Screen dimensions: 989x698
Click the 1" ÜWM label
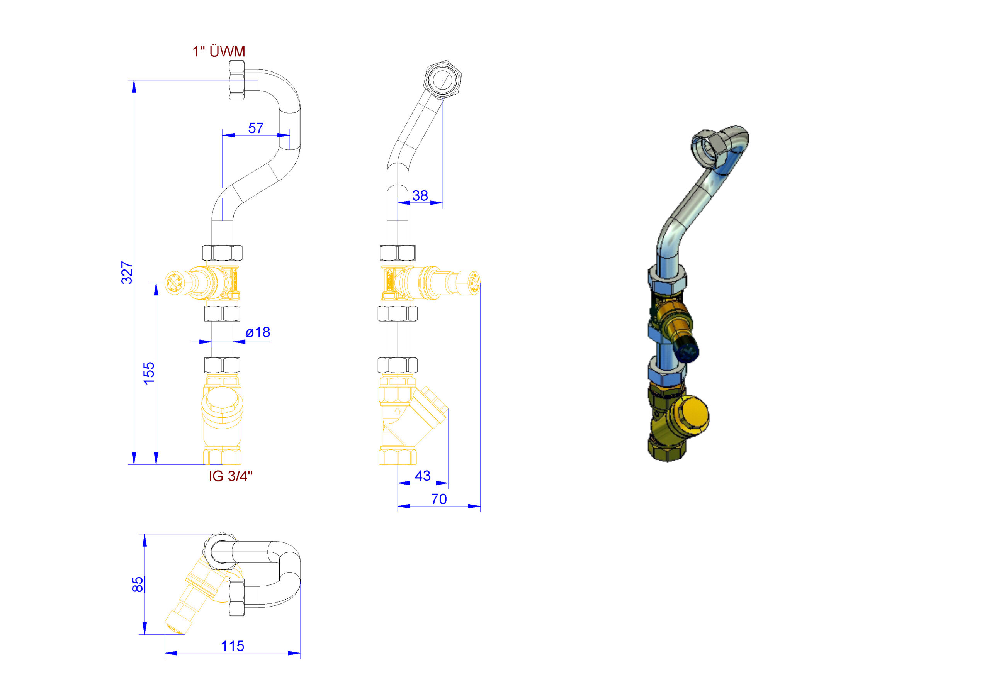[219, 52]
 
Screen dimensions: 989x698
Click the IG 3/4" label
[231, 476]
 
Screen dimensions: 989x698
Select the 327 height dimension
[127, 273]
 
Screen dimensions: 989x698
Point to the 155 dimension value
[149, 373]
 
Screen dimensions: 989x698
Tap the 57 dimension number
[256, 128]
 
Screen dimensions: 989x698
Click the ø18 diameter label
[258, 332]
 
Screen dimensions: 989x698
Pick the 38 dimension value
[420, 196]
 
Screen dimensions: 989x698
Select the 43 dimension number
[423, 476]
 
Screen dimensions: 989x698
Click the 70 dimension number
[439, 499]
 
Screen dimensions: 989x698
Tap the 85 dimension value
[138, 584]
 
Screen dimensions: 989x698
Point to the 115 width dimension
[233, 646]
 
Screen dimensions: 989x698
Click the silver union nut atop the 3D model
[709, 147]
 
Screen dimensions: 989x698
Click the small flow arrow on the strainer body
[398, 411]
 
